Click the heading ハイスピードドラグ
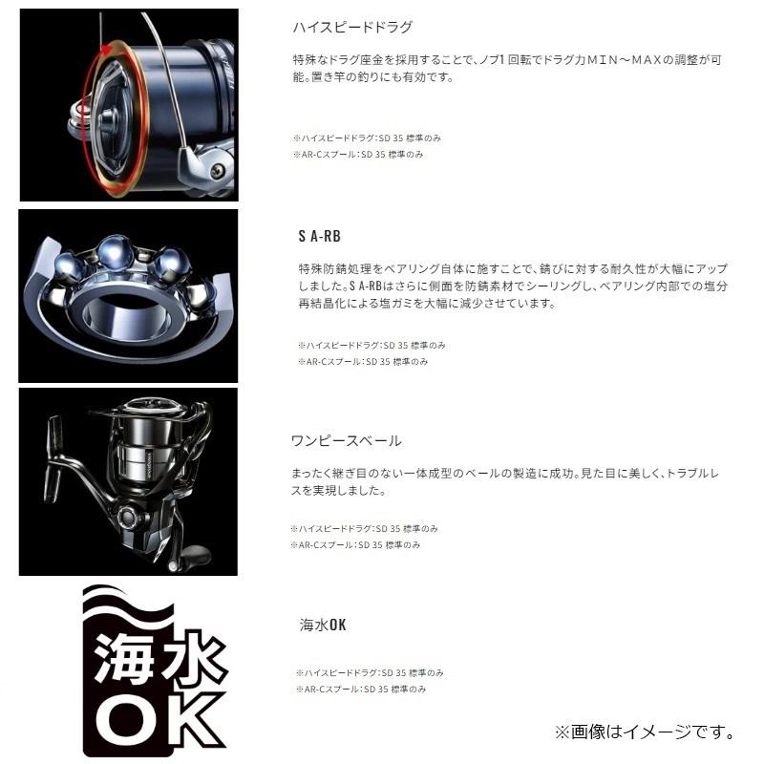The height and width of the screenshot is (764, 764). click(x=342, y=27)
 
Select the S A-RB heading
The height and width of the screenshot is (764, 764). click(x=320, y=235)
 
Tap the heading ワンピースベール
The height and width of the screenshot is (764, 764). click(x=345, y=441)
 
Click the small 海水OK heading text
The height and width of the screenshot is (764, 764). click(x=323, y=626)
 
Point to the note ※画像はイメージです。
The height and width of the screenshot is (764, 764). click(x=645, y=732)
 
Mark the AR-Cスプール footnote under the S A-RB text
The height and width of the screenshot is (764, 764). click(x=363, y=362)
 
